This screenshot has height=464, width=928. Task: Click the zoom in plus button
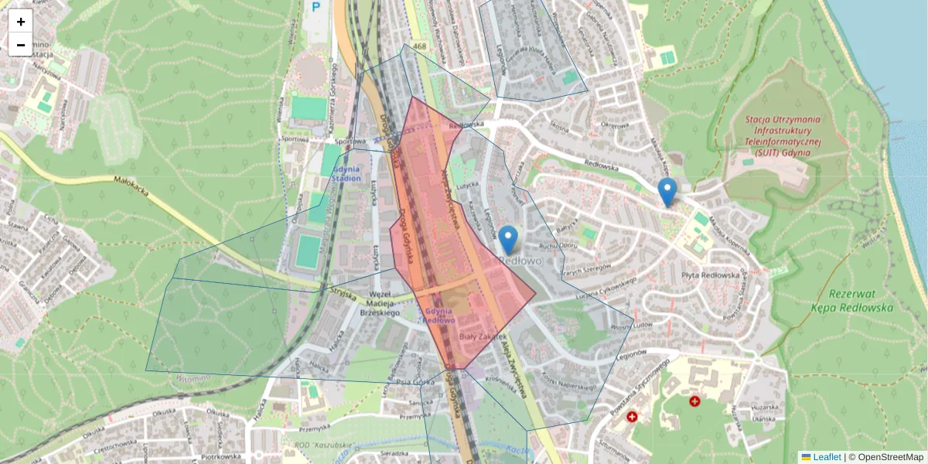(x=21, y=22)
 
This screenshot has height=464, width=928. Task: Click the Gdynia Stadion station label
(x=346, y=173)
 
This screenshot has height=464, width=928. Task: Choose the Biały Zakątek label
(x=483, y=337)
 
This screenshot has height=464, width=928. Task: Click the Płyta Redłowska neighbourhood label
(x=711, y=275)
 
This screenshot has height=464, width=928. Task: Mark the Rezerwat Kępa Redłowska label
(x=860, y=301)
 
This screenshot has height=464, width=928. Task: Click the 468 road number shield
(x=419, y=47)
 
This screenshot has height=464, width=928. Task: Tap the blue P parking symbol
(x=316, y=7)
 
